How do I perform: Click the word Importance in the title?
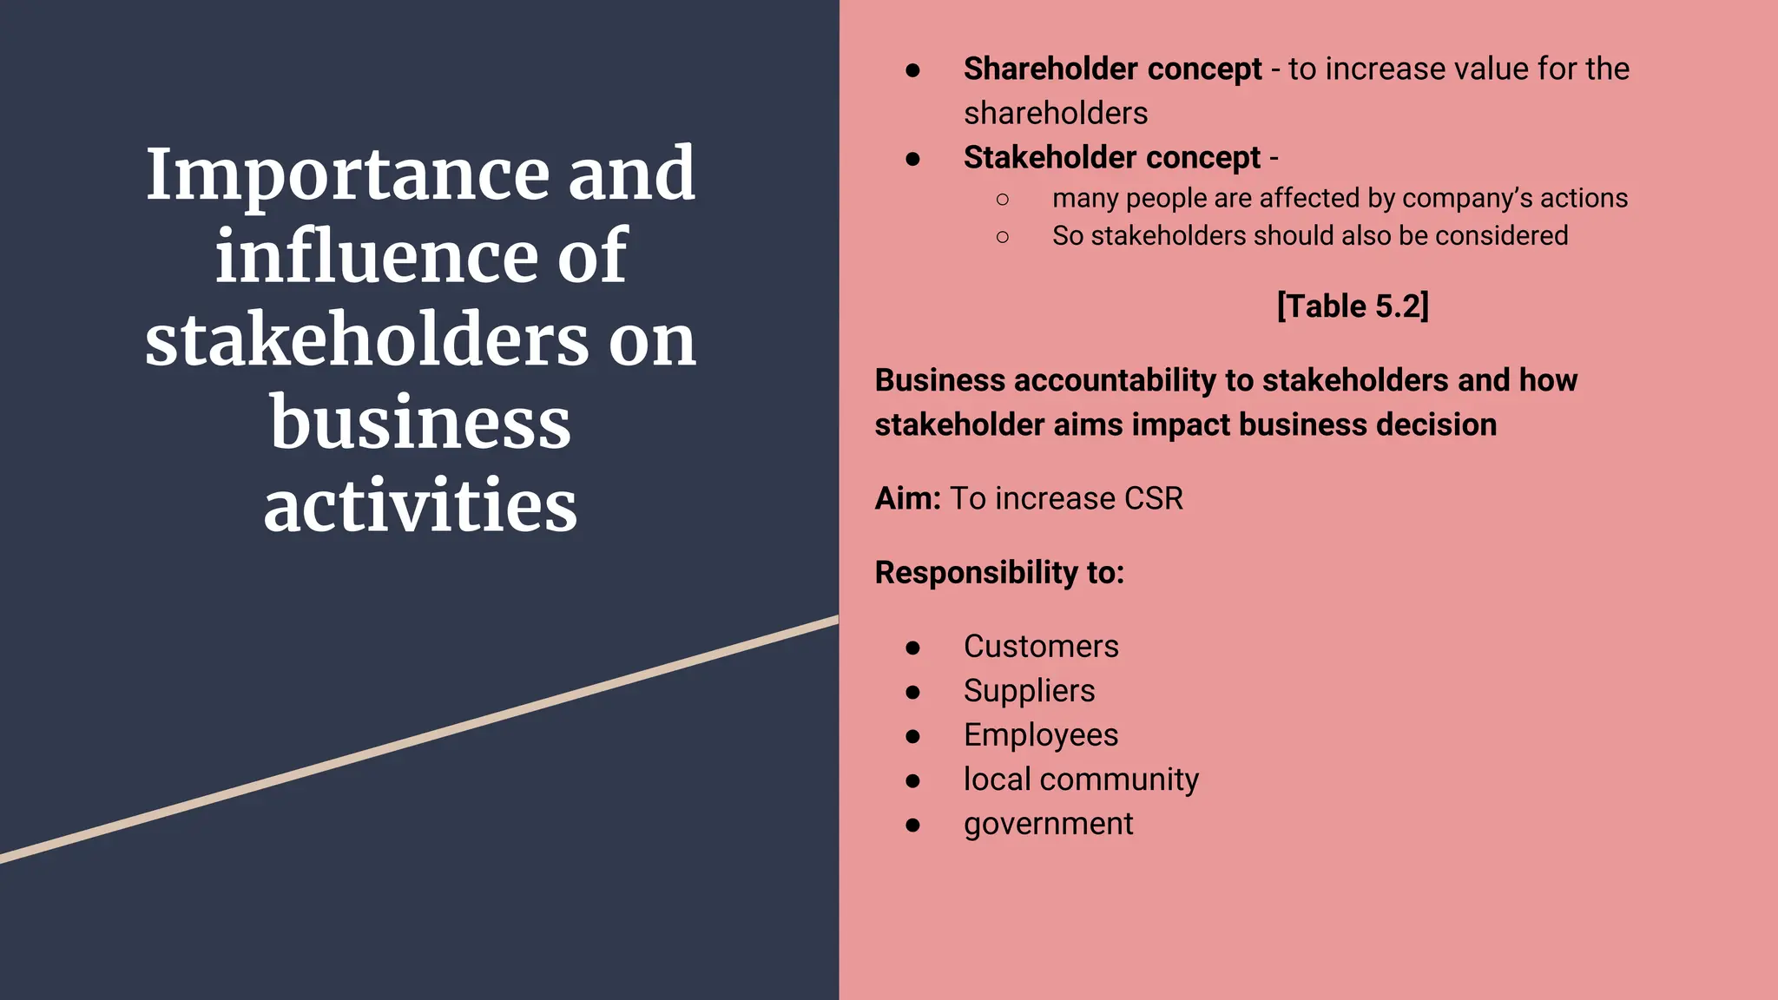click(x=347, y=175)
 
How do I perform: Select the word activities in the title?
click(x=420, y=505)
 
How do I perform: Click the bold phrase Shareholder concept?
click(x=1112, y=69)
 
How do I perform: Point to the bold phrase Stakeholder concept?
click(x=1111, y=158)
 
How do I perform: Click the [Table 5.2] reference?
click(x=1353, y=306)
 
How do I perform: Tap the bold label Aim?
click(x=907, y=499)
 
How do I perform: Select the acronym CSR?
click(x=1153, y=499)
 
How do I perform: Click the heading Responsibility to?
click(x=999, y=573)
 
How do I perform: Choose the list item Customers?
click(x=1041, y=647)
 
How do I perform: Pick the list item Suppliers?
click(x=1029, y=691)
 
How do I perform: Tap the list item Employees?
click(x=1040, y=735)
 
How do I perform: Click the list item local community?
click(x=1081, y=780)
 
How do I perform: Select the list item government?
click(x=1048, y=824)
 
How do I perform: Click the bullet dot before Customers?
click(x=912, y=648)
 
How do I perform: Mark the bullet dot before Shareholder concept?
click(x=912, y=70)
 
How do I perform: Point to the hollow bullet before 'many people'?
click(x=1003, y=200)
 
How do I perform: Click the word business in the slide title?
click(x=420, y=424)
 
